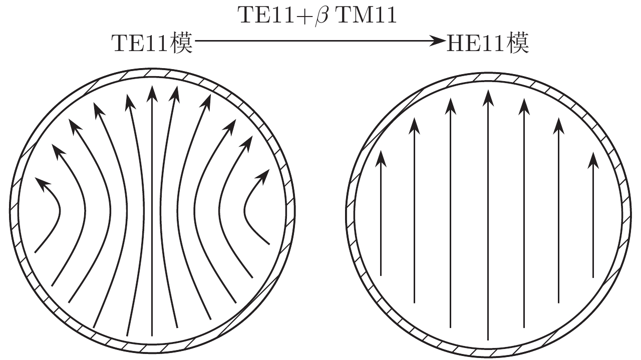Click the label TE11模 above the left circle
click(152, 44)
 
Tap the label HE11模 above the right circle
click(488, 44)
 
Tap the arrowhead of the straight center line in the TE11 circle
click(152, 93)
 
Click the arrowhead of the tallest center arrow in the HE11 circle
click(488, 98)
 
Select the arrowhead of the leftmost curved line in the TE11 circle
click(43, 184)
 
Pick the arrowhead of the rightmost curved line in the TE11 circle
click(262, 176)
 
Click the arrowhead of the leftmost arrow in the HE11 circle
click(381, 159)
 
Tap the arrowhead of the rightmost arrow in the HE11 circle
click(593, 161)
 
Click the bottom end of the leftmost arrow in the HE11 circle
click(381, 275)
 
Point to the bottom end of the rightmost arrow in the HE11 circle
click(593, 277)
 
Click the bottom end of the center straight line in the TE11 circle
click(152, 335)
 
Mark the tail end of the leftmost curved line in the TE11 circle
click(35, 253)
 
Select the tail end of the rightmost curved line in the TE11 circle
click(269, 244)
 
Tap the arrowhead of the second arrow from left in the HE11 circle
click(414, 126)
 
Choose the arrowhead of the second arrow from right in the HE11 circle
click(558, 126)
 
